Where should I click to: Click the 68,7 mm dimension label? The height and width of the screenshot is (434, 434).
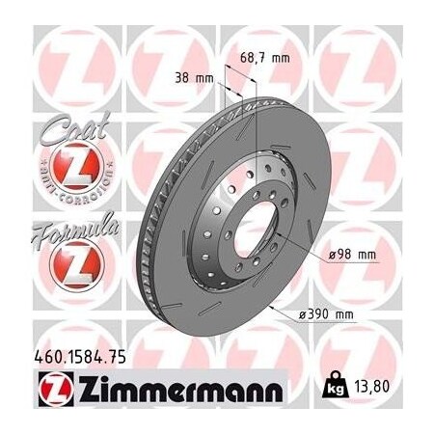pyautogui.click(x=265, y=59)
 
